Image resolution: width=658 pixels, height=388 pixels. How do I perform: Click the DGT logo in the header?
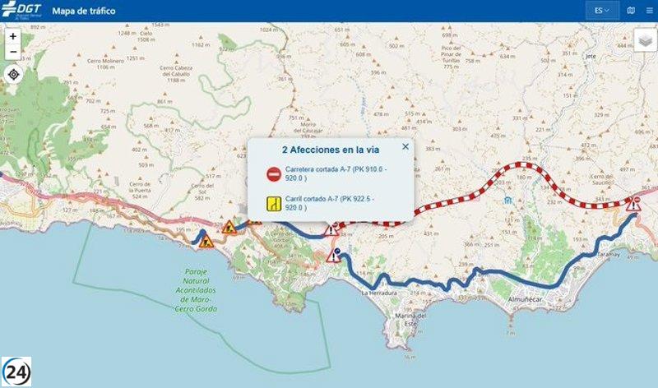22,11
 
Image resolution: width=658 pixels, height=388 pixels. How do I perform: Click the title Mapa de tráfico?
84,12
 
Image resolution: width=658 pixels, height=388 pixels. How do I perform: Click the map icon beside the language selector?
631,12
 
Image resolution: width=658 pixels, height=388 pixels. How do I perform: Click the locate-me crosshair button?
13,75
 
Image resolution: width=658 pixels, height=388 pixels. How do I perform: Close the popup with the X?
405,146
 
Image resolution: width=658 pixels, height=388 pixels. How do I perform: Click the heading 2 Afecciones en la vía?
330,150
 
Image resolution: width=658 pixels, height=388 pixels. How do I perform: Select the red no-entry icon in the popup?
273,173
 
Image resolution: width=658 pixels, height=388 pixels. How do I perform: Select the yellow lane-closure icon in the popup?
273,203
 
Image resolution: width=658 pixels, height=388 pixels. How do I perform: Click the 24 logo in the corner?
17,371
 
